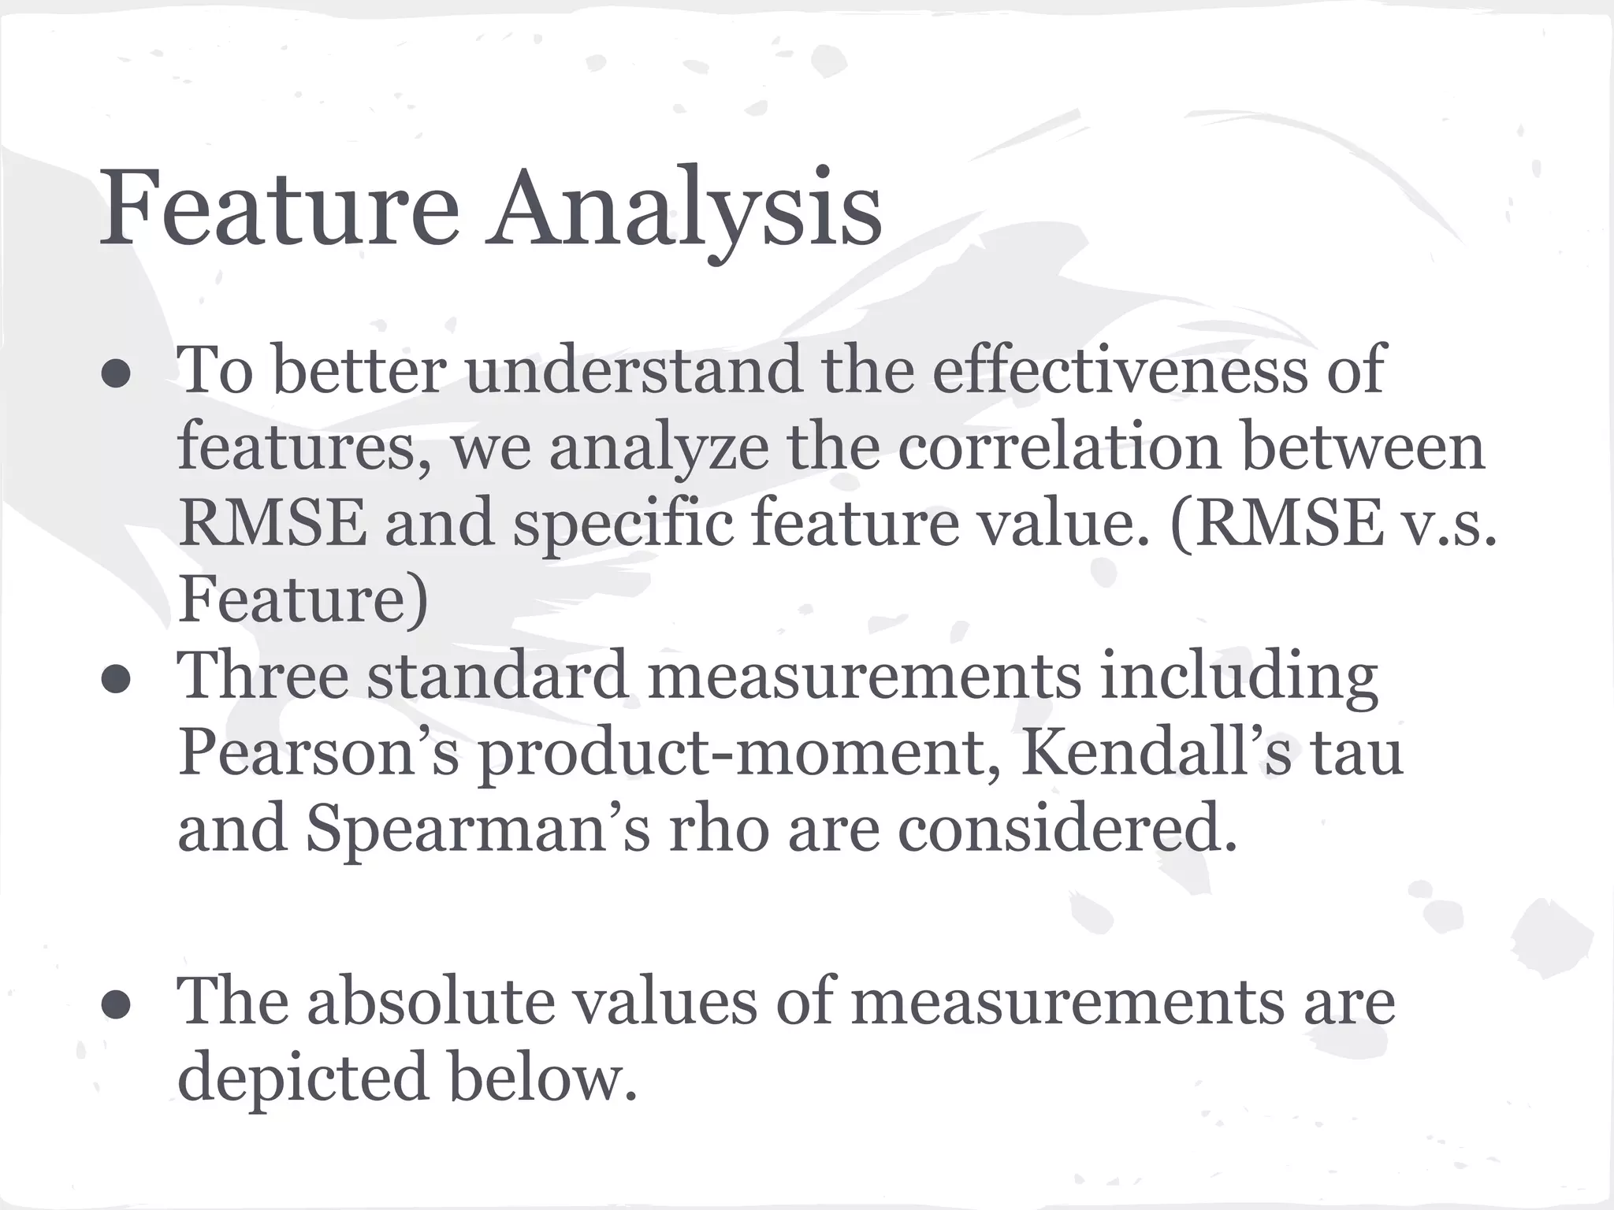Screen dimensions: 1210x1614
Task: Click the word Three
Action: click(x=263, y=675)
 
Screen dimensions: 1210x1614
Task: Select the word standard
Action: click(x=496, y=675)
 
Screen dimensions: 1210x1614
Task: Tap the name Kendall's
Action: click(x=1155, y=752)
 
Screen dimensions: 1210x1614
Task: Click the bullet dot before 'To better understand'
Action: click(x=116, y=375)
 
